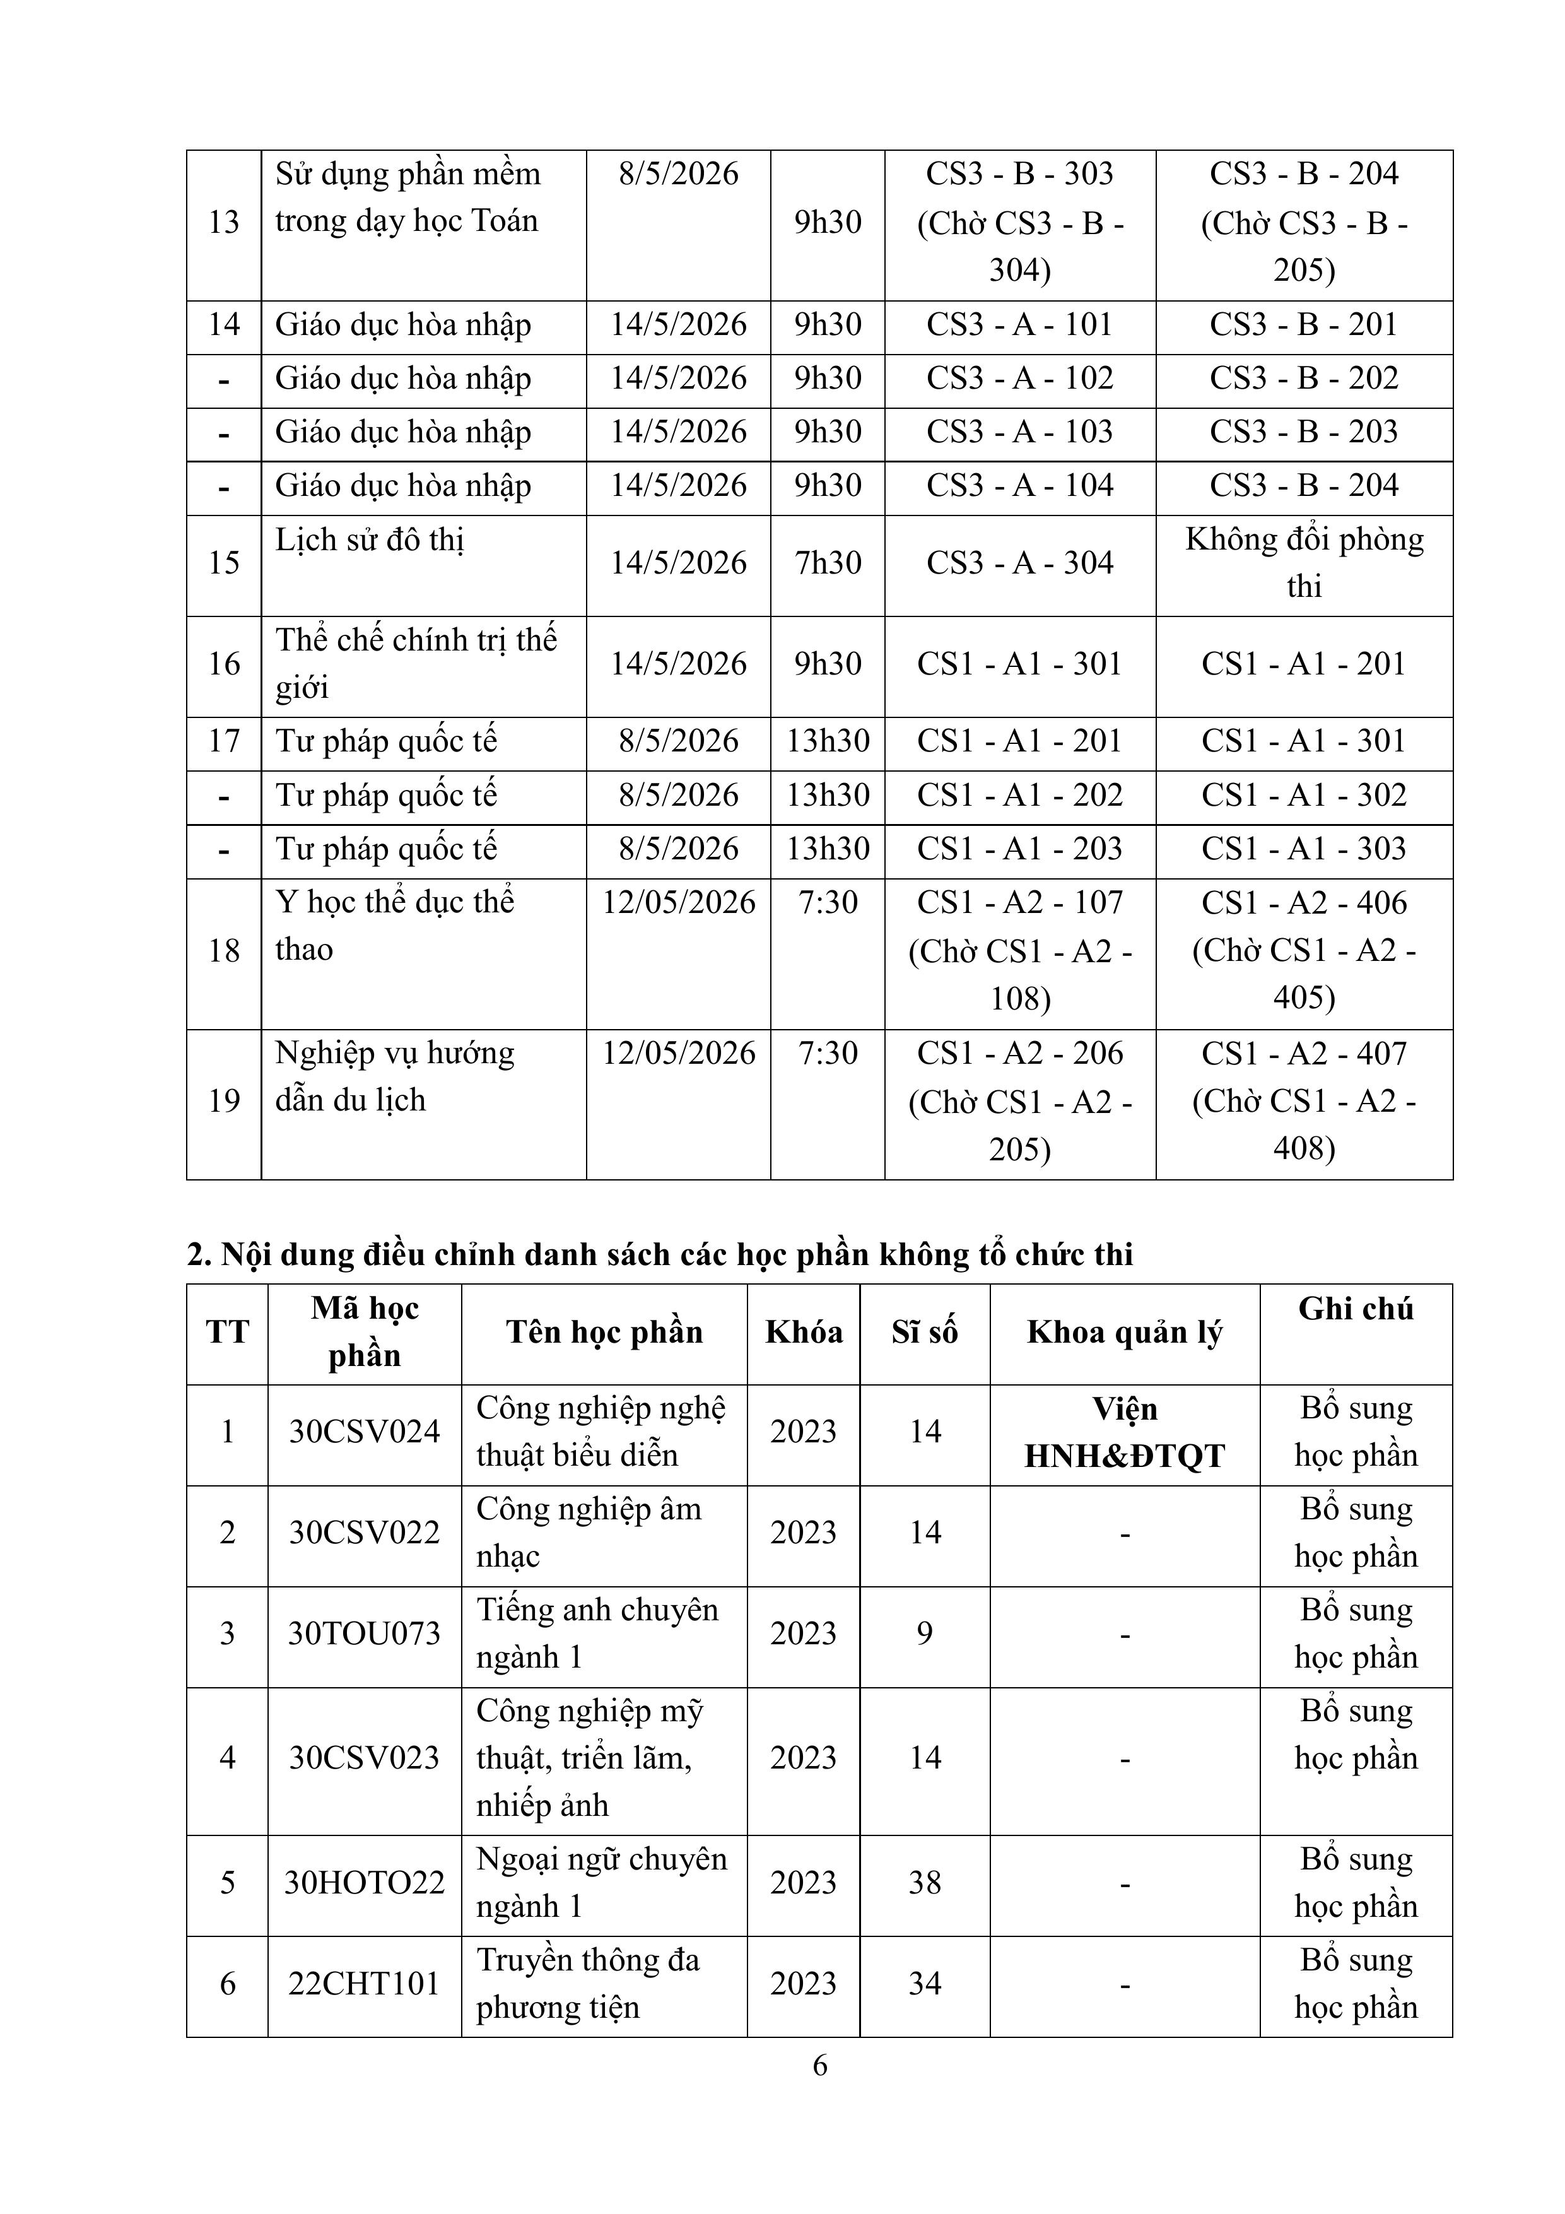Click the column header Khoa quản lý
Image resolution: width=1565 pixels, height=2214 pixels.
tap(1123, 1332)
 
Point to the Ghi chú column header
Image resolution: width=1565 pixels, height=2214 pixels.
tap(1355, 1309)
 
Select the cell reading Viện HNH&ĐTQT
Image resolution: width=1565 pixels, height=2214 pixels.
tap(1123, 1431)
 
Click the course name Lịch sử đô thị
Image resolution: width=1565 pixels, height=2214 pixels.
tap(369, 540)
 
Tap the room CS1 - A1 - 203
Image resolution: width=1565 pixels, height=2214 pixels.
tap(1019, 849)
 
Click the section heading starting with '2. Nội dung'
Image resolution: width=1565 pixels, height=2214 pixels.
tap(660, 1254)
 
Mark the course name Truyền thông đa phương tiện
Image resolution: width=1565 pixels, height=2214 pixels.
tap(587, 1984)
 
